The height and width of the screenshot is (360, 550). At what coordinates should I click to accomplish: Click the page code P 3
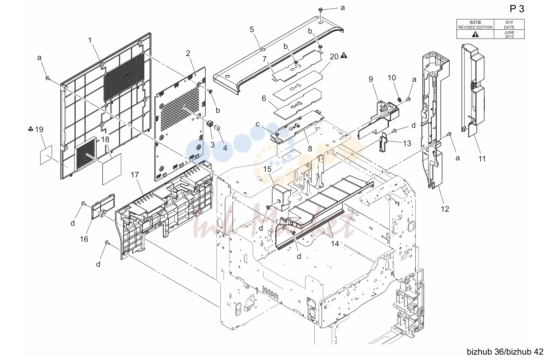tap(517, 9)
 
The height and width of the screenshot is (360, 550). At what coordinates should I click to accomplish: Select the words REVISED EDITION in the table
tap(475, 27)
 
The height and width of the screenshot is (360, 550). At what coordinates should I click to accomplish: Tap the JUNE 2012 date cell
tap(509, 34)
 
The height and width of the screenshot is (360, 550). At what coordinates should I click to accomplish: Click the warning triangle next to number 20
tap(344, 55)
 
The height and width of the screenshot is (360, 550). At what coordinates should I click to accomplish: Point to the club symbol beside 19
tap(30, 129)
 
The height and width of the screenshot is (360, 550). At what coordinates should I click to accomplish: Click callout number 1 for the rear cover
tap(90, 40)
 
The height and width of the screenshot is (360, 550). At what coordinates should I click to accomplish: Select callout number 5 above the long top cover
tap(252, 30)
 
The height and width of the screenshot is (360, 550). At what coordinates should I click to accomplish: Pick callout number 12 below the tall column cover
tap(445, 209)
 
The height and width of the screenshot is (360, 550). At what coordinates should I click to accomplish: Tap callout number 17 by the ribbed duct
tap(135, 175)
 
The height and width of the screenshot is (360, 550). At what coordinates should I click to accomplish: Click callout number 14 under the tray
tap(335, 244)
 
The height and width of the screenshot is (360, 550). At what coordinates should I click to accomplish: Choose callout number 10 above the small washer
tap(392, 78)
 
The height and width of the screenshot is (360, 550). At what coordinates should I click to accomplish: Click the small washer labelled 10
tap(400, 99)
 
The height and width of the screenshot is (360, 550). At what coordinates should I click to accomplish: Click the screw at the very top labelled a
tap(320, 10)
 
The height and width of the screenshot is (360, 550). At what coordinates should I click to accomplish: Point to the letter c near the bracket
tap(257, 124)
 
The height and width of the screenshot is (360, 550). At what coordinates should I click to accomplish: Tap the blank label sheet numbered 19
tap(46, 155)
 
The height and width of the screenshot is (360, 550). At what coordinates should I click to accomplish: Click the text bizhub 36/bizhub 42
tap(505, 352)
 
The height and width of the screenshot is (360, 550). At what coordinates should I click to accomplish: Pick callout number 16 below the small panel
tap(84, 239)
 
